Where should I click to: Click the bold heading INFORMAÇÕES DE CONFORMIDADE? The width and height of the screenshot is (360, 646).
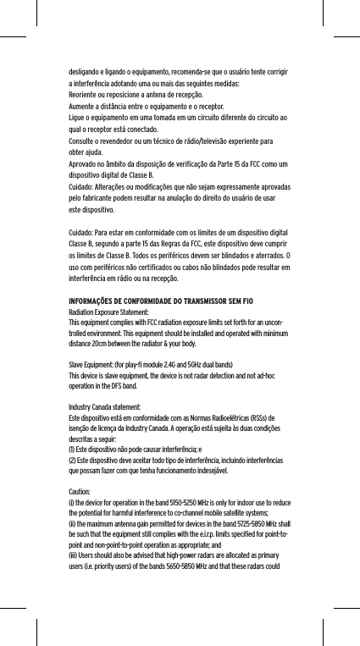(x=134, y=302)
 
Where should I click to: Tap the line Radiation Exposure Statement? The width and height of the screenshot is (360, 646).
(x=107, y=313)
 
